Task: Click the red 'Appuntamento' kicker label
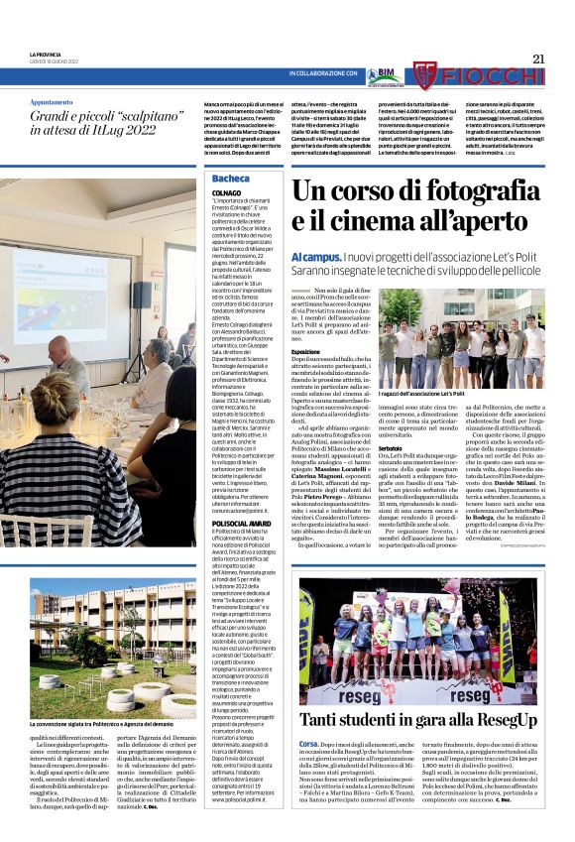52,102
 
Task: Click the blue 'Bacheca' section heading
230,179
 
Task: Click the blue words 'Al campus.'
314,258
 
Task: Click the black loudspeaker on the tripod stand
142,295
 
